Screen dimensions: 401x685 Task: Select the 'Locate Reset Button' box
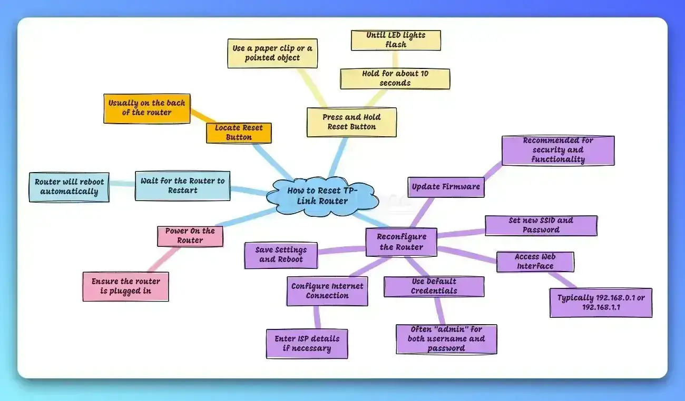[x=239, y=133]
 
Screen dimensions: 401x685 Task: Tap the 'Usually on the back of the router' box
[x=146, y=108]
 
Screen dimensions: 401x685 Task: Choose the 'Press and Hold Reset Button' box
[x=351, y=122]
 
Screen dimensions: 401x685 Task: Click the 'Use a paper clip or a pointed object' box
[x=272, y=53]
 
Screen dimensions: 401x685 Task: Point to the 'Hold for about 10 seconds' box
[x=395, y=78]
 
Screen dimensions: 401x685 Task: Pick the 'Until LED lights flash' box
[x=396, y=40]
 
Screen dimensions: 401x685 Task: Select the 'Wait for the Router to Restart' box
[x=182, y=185]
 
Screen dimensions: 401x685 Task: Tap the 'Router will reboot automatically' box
[x=69, y=187]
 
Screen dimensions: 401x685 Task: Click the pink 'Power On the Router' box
[x=190, y=236]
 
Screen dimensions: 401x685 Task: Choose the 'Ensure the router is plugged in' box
[x=125, y=286]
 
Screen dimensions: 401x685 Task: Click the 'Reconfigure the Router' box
[x=402, y=242]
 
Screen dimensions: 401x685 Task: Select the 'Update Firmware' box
[x=446, y=187]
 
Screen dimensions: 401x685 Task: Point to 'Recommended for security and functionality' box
[x=558, y=151]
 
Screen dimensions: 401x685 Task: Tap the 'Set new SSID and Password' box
[x=541, y=225]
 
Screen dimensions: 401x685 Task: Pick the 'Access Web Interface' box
[x=535, y=262]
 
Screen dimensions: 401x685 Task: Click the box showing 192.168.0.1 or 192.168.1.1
[x=601, y=302]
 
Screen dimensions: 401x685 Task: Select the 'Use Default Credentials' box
[x=434, y=286]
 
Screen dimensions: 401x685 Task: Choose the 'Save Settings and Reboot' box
[x=281, y=255]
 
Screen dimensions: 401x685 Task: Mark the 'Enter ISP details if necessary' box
[x=307, y=344]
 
